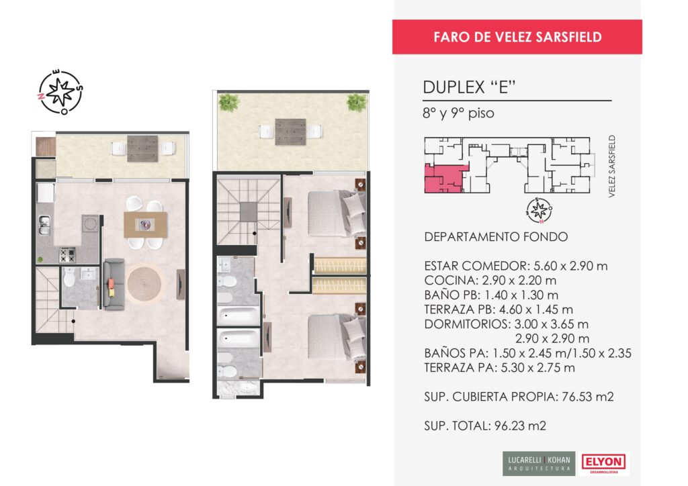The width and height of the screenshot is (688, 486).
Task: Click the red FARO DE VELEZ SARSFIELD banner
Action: [x=517, y=37]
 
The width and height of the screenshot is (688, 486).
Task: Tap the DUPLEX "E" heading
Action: [x=468, y=87]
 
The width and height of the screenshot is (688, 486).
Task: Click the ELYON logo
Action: [x=604, y=463]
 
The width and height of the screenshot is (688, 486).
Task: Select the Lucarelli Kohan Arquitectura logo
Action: [x=539, y=464]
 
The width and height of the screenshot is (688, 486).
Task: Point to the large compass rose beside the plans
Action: [x=60, y=92]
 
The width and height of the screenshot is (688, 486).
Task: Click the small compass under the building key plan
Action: [x=540, y=210]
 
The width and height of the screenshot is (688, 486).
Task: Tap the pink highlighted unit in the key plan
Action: [x=444, y=179]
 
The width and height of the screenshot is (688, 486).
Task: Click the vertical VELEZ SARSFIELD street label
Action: [x=612, y=166]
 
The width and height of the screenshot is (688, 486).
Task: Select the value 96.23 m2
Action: [x=521, y=426]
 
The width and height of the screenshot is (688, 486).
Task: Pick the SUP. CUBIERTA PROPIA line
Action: [x=519, y=397]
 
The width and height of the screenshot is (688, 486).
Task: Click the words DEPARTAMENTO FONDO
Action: [x=496, y=237]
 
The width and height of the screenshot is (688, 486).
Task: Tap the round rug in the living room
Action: [x=144, y=284]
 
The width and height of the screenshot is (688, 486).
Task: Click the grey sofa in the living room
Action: [x=114, y=285]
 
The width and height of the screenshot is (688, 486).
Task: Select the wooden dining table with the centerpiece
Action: [x=145, y=225]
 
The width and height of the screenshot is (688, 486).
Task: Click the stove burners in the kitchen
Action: [x=68, y=255]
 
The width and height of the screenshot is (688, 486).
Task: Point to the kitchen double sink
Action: [x=44, y=226]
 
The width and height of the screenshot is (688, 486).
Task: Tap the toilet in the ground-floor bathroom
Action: [x=69, y=277]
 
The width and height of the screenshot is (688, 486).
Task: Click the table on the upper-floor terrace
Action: [x=290, y=132]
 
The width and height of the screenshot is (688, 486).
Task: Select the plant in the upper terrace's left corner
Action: [x=229, y=103]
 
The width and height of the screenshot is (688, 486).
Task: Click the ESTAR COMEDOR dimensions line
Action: [x=515, y=266]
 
